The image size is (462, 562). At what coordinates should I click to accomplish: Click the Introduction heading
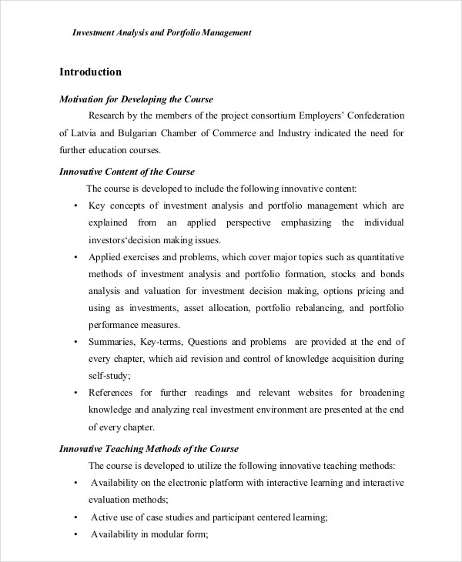(x=90, y=72)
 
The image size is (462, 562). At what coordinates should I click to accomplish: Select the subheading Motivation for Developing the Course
(x=136, y=99)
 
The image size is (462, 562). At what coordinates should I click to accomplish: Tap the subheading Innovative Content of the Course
(x=127, y=171)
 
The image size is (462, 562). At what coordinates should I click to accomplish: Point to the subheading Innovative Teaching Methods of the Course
(x=149, y=448)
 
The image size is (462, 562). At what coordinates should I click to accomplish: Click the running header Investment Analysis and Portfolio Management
(x=162, y=33)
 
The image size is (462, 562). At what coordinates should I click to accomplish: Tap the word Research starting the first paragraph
(x=109, y=116)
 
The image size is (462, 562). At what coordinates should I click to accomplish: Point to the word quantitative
(x=377, y=257)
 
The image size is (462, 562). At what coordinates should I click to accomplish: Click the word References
(x=115, y=393)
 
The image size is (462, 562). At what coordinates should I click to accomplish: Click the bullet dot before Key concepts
(x=75, y=206)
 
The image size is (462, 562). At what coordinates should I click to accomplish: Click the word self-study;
(x=110, y=376)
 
